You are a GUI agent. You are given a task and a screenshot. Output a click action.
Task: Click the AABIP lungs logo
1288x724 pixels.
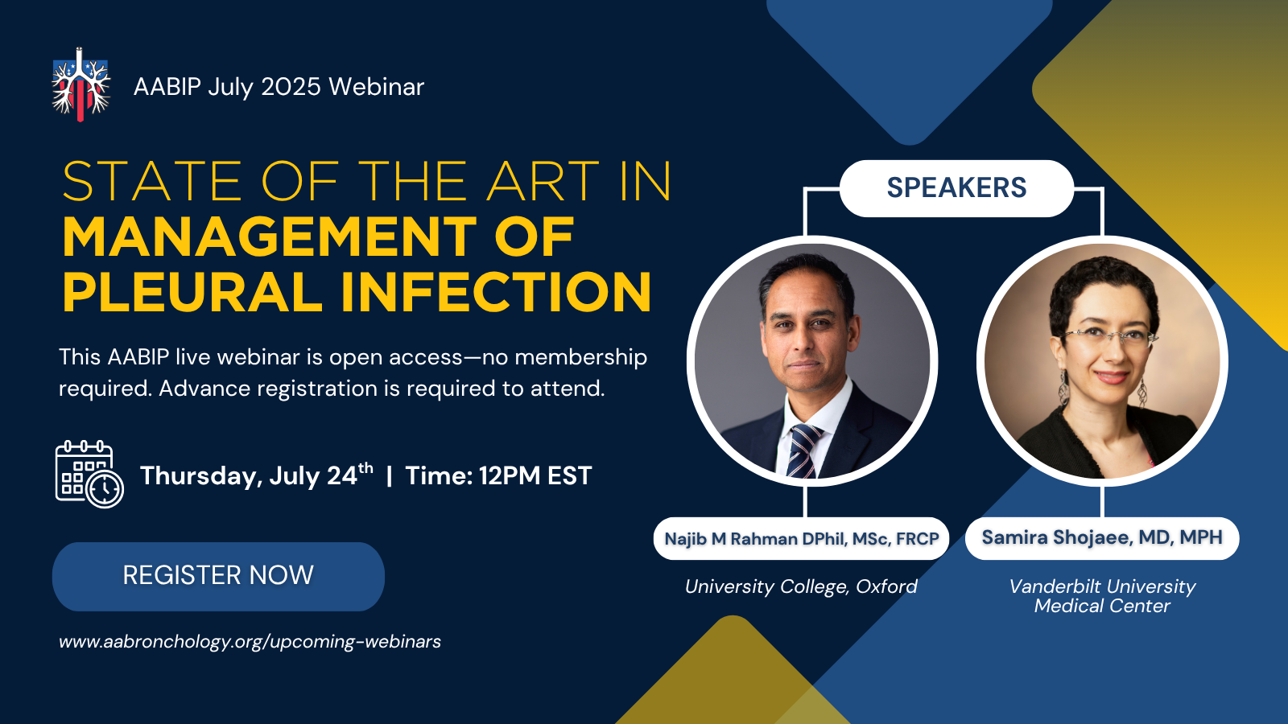(80, 84)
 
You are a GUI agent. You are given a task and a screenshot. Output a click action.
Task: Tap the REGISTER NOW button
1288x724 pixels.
(218, 576)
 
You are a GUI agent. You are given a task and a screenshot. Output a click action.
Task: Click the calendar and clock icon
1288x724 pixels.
(89, 474)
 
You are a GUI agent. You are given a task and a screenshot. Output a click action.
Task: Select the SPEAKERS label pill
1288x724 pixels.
(956, 188)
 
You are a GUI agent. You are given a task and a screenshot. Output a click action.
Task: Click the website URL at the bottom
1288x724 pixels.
(250, 641)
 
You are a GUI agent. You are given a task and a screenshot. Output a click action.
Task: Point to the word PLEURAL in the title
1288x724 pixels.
(192, 292)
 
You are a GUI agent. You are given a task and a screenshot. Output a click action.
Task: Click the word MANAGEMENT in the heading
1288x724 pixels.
(269, 237)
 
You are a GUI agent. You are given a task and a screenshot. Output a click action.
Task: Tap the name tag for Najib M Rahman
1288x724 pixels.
(801, 538)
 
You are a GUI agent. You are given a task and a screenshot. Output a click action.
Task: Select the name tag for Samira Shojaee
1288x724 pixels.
(1102, 538)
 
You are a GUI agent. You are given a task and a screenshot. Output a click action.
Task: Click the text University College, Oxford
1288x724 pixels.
(801, 586)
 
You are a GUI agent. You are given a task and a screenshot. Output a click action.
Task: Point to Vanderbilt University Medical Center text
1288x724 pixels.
(1102, 596)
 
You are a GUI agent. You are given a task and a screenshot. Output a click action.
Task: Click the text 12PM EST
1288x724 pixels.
(535, 475)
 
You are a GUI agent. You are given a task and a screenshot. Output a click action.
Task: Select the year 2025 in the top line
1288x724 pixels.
(291, 87)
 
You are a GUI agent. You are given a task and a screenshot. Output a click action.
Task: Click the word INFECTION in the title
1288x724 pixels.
(496, 292)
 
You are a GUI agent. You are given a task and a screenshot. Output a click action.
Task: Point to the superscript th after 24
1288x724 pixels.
(365, 467)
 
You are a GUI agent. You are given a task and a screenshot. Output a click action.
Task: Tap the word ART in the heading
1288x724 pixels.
(543, 182)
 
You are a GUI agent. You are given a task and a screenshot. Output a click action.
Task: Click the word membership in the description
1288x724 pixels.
(580, 357)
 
